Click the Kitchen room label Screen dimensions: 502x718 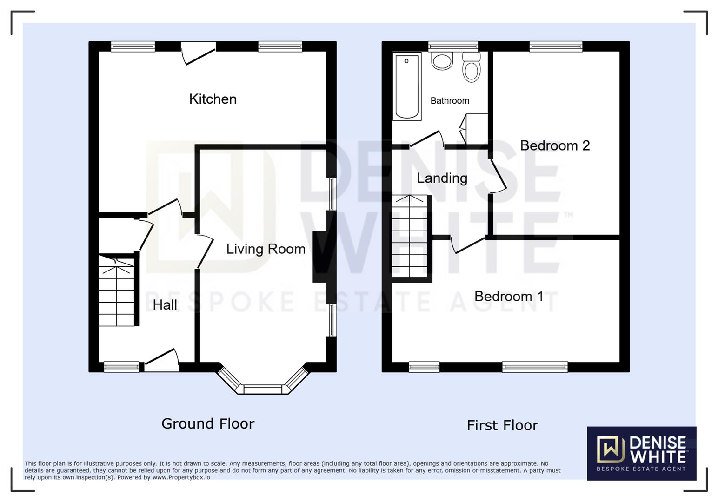click(213, 99)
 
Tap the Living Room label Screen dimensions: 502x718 click(266, 249)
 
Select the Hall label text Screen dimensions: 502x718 click(165, 305)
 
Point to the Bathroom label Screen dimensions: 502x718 click(449, 101)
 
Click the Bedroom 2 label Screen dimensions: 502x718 click(554, 145)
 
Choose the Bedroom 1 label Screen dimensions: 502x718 click(508, 297)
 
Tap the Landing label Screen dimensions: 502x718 click(442, 178)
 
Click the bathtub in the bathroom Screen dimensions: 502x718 click(407, 86)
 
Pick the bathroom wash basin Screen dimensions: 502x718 click(442, 61)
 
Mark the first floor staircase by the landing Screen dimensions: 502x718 click(409, 237)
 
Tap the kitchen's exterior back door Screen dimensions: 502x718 click(199, 52)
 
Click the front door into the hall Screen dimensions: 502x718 click(162, 362)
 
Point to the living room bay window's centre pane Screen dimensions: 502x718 click(263, 389)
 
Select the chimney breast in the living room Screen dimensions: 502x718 click(320, 257)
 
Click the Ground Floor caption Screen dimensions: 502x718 click(208, 423)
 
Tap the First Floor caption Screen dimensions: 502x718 click(502, 425)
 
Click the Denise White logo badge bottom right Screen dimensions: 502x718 click(641, 453)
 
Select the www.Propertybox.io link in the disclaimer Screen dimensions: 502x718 click(181, 477)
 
